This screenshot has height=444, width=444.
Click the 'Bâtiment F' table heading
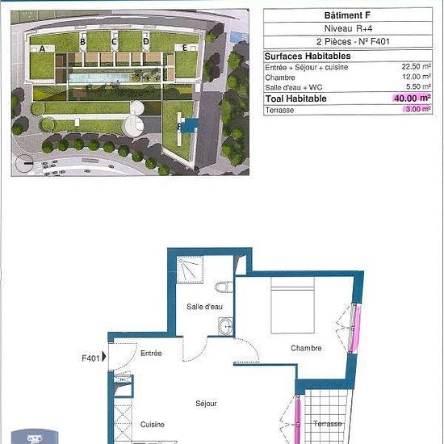[x=347, y=15]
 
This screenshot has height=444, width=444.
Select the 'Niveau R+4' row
[x=348, y=28]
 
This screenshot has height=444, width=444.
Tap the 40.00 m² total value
[x=413, y=98]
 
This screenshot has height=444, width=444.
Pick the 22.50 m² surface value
[x=417, y=67]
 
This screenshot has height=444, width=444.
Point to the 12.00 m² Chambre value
[x=417, y=77]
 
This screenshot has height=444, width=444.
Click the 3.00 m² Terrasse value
[x=418, y=109]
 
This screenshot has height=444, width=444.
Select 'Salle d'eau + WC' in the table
[x=294, y=87]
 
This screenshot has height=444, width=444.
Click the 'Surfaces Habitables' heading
[x=308, y=56]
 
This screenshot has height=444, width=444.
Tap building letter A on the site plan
[x=42, y=48]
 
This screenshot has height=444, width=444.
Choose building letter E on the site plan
[x=185, y=48]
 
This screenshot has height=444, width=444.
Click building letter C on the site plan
[x=114, y=42]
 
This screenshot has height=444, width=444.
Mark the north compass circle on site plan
[x=24, y=163]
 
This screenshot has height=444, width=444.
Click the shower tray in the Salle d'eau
[x=190, y=270]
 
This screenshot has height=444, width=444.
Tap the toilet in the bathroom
[x=224, y=287]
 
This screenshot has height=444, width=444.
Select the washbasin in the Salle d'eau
[x=226, y=326]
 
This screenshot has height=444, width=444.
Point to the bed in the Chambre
[x=292, y=305]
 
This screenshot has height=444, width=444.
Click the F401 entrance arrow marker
[x=104, y=357]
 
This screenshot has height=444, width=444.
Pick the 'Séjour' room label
[x=206, y=404]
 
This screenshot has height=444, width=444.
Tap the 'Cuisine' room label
[x=153, y=425]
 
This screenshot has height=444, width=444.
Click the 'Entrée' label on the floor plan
[x=151, y=353]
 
